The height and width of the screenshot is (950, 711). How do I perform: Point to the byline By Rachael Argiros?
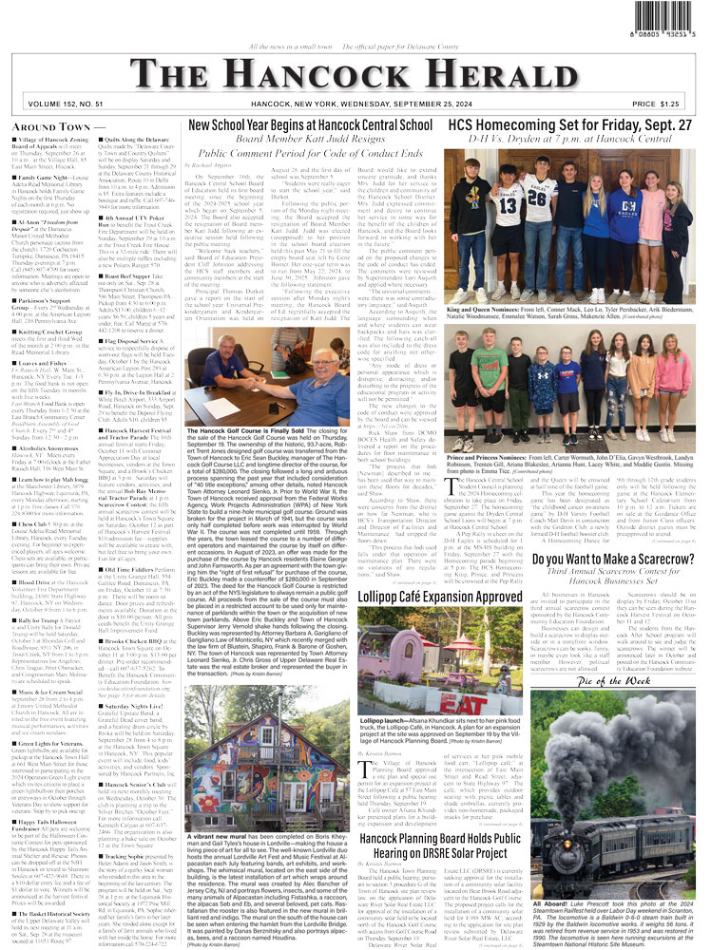pos(222,164)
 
